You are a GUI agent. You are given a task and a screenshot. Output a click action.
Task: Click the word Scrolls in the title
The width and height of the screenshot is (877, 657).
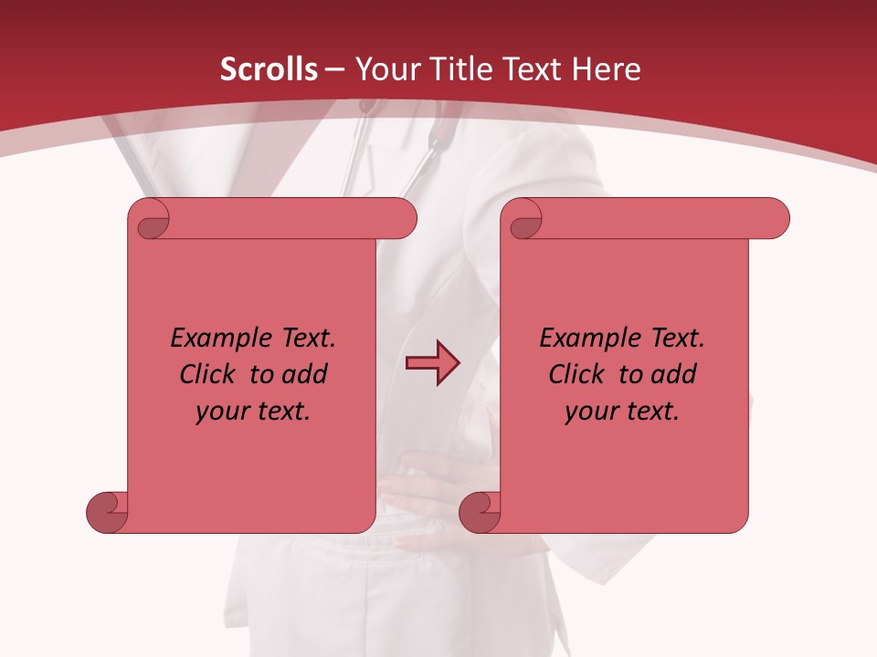click(269, 69)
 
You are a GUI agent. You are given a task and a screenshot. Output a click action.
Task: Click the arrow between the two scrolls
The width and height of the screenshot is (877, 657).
click(432, 363)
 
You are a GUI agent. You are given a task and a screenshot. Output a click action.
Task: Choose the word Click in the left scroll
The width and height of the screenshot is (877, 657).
click(211, 374)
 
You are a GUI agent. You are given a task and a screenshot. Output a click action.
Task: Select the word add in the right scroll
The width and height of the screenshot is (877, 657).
click(674, 374)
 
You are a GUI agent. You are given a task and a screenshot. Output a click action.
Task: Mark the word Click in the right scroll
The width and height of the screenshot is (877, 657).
click(580, 374)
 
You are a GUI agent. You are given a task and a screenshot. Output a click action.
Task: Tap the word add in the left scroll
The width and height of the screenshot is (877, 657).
click(305, 374)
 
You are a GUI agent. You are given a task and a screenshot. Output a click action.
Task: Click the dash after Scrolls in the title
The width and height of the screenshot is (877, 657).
click(334, 70)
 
